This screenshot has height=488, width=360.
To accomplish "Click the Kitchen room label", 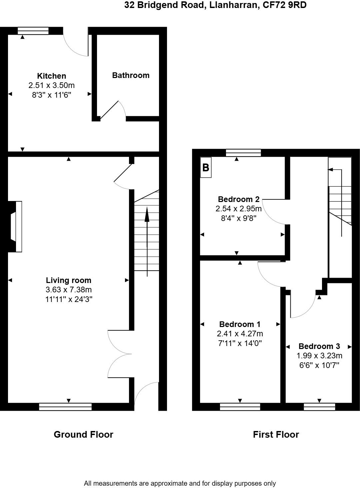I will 51,76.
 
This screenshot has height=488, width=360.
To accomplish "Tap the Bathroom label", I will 131,75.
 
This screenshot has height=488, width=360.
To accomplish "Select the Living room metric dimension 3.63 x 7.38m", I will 69,290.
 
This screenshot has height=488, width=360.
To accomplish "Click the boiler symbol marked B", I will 206,167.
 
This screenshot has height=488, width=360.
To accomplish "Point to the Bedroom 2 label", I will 239,199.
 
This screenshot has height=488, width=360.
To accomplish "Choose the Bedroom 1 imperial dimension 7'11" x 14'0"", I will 240,343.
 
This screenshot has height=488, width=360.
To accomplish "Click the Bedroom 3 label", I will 319,346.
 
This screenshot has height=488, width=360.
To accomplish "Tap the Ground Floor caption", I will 83,434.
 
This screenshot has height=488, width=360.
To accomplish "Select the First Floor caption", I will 276,434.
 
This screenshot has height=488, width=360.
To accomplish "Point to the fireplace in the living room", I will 15,226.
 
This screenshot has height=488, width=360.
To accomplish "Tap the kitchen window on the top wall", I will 33,31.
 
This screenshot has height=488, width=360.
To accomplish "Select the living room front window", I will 65,406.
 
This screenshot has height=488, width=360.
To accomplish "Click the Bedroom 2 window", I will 243,153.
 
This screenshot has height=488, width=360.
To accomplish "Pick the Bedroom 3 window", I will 319,406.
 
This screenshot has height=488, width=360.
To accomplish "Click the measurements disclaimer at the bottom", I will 180,483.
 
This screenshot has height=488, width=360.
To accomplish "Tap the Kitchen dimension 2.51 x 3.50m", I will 51,85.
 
